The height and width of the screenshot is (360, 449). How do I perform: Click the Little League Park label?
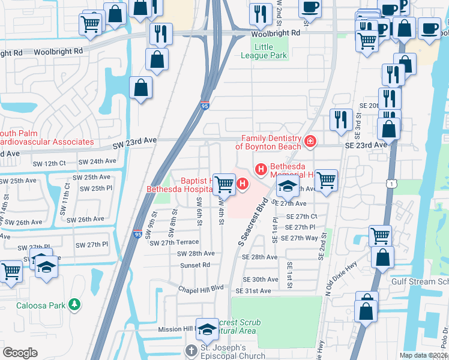(x=264, y=51)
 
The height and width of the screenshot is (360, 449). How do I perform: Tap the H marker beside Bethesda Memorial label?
(x=261, y=170)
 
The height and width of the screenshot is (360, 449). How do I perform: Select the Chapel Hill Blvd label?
(x=200, y=289)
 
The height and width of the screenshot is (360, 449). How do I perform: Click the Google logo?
(x=20, y=352)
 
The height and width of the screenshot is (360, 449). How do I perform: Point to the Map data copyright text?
(x=424, y=355)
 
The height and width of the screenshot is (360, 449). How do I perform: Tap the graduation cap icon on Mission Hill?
(x=207, y=328)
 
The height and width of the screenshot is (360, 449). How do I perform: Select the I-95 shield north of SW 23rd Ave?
(x=205, y=106)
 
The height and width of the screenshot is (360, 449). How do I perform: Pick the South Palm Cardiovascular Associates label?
(x=47, y=137)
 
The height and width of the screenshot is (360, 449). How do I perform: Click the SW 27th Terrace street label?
(x=174, y=242)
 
